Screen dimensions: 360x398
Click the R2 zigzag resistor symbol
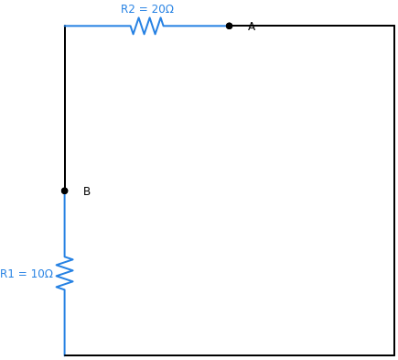147,26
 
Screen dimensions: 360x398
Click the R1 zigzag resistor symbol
65,273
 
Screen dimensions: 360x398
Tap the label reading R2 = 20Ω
147,9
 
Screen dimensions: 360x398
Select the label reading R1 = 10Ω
27,274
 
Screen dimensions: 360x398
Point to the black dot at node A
229,26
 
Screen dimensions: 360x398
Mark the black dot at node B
65,191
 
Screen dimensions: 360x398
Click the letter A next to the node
252,27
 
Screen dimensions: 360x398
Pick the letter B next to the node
87,191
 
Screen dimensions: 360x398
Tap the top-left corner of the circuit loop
65,26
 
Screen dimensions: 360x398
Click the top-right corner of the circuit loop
394,26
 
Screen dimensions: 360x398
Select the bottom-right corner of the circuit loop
394,355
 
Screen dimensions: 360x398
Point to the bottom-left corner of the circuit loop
65,355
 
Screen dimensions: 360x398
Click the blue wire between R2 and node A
196,26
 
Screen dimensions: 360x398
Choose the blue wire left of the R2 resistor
97,26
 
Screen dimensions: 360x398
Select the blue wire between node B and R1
65,224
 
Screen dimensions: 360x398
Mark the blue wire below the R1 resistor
65,322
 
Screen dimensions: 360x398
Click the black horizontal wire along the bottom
229,355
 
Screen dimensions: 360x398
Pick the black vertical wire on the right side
394,191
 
